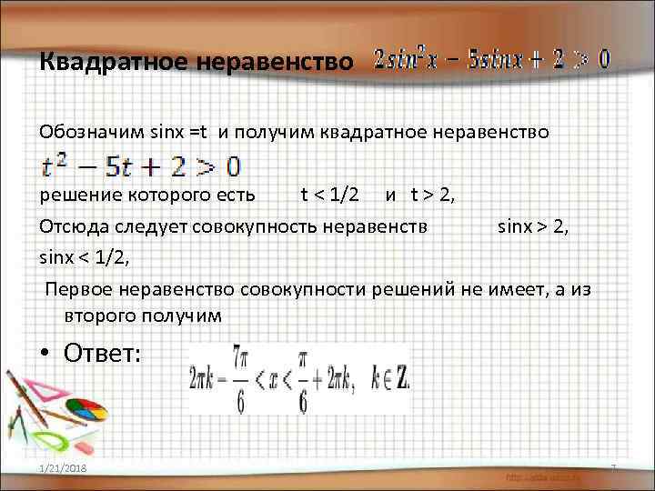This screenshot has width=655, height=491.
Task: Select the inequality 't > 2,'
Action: point(431,195)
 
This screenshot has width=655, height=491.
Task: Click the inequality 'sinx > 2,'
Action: point(533,225)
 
